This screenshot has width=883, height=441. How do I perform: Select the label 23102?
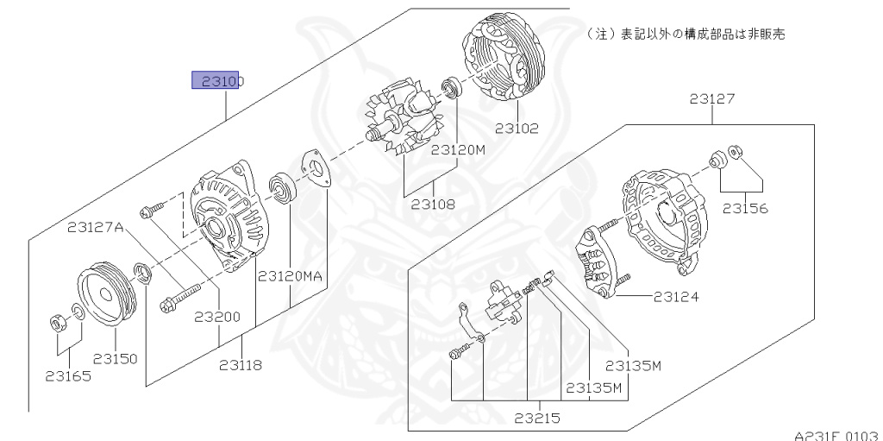(517, 129)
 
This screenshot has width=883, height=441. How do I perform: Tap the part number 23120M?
(459, 149)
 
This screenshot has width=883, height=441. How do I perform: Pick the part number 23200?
(216, 317)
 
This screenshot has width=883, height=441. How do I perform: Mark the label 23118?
(240, 364)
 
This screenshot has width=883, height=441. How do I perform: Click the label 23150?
(116, 358)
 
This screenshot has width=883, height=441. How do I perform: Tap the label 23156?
(745, 208)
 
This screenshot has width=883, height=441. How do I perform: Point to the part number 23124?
(676, 297)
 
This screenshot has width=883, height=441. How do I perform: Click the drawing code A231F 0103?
(837, 434)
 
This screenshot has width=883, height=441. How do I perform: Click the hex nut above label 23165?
(57, 324)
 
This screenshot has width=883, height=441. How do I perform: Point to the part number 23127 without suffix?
(712, 99)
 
